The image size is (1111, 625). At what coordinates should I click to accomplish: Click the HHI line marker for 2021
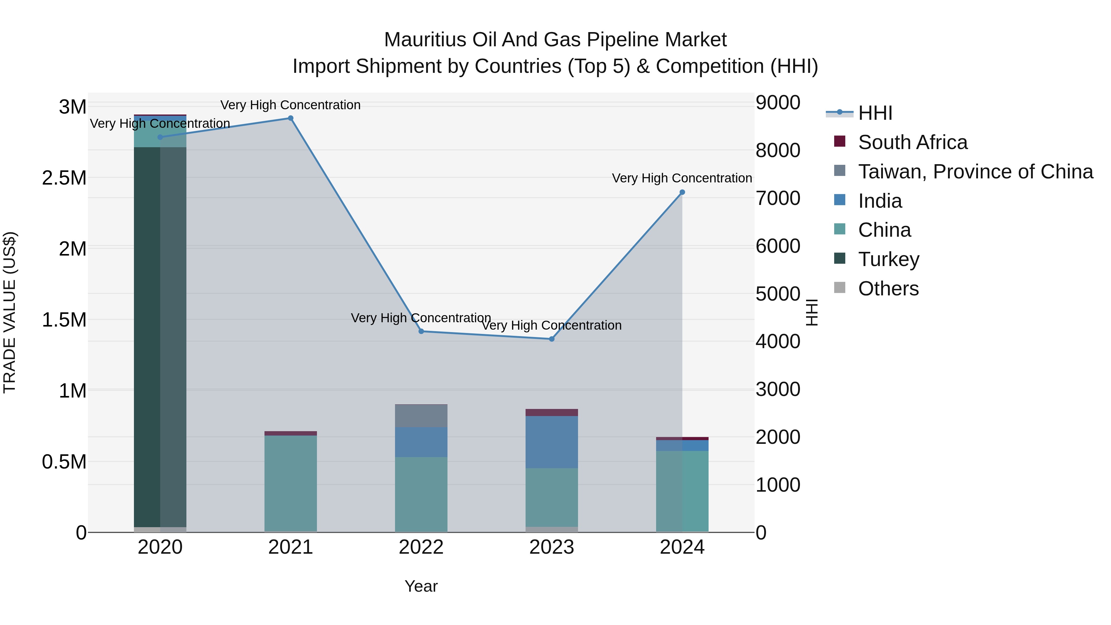point(291,118)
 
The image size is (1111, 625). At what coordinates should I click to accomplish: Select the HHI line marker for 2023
point(551,339)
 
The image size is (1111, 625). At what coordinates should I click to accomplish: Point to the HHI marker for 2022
point(421,331)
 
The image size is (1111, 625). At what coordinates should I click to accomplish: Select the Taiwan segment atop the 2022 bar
point(421,416)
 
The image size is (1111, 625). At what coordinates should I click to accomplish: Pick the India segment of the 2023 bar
point(551,442)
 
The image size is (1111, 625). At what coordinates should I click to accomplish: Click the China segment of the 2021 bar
point(291,483)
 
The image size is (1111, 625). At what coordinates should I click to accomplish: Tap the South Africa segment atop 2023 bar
point(551,412)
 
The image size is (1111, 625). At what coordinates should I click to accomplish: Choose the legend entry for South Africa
point(913,142)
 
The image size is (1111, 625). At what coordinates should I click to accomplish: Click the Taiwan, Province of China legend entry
point(976,172)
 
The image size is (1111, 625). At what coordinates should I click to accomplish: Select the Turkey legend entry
point(888,259)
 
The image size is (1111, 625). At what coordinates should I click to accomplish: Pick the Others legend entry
point(888,289)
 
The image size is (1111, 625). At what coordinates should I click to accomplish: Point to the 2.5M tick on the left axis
point(64,178)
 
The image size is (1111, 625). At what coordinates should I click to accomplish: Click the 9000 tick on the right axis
point(778,103)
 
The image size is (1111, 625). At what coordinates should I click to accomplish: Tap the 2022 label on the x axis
point(421,547)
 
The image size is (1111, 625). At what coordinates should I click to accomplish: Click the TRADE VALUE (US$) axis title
point(10,312)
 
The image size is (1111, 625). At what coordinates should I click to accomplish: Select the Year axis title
point(421,586)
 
